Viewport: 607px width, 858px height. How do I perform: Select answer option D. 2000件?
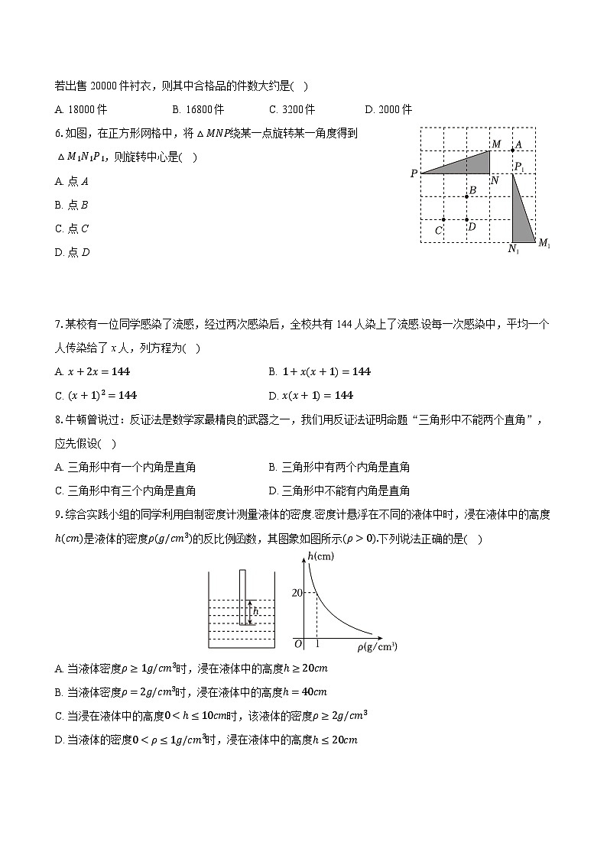pos(389,109)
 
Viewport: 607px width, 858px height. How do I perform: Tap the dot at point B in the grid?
pos(467,196)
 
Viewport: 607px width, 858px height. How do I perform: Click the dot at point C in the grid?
pos(443,220)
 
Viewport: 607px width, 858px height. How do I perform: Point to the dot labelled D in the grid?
pos(467,220)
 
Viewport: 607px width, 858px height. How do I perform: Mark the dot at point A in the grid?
pos(513,150)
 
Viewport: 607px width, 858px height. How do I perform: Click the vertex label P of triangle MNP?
pos(414,174)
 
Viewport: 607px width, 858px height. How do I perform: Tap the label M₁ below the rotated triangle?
pos(544,244)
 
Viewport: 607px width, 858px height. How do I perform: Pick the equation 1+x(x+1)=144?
pos(320,371)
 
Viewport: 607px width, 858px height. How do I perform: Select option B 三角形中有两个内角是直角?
pos(339,467)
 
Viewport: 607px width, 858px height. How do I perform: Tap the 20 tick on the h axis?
pos(297,593)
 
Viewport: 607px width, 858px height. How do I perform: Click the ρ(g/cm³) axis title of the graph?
pos(376,647)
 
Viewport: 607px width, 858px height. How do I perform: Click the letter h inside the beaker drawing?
pos(255,611)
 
